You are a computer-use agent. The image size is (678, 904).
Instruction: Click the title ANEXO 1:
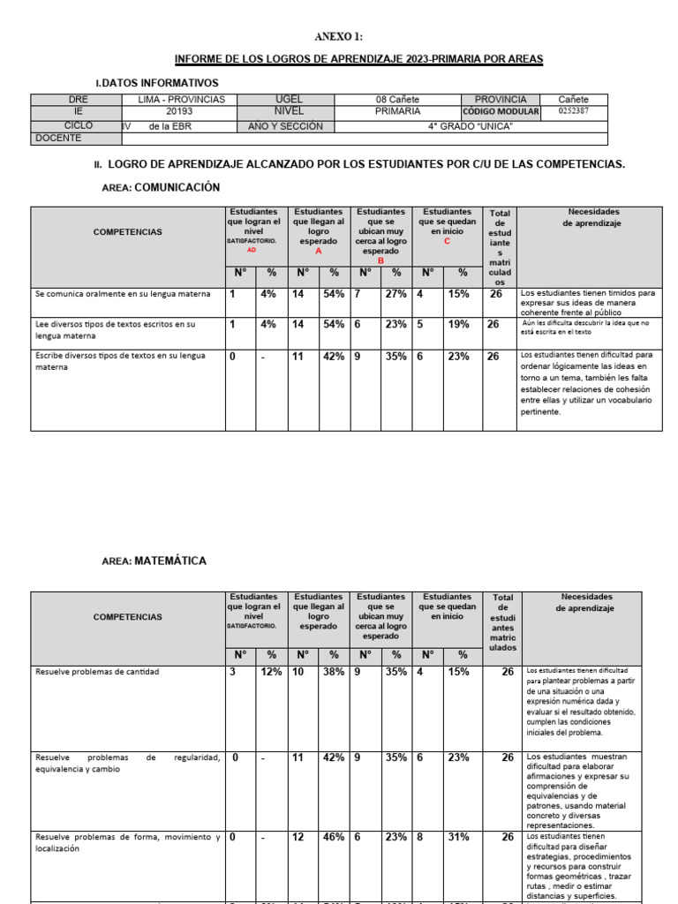coord(339,36)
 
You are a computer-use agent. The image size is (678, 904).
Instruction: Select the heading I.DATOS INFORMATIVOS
coord(156,82)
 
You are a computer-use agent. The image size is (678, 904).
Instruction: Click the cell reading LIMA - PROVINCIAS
coord(182,100)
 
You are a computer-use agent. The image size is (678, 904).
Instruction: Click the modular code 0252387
coord(573,112)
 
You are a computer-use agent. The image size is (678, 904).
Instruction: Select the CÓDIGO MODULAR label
coord(501,112)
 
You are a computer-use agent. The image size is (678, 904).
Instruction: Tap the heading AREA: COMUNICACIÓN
coord(162,188)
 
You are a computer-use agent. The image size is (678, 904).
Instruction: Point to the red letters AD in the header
coord(252,250)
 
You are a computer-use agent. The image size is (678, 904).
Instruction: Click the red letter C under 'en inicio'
coord(447,241)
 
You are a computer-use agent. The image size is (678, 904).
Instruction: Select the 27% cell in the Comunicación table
coord(396,294)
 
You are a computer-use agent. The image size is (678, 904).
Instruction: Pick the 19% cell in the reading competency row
coord(458,324)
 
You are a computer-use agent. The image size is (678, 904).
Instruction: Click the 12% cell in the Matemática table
coord(271,672)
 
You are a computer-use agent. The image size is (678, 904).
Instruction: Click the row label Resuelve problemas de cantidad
coord(97,672)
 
